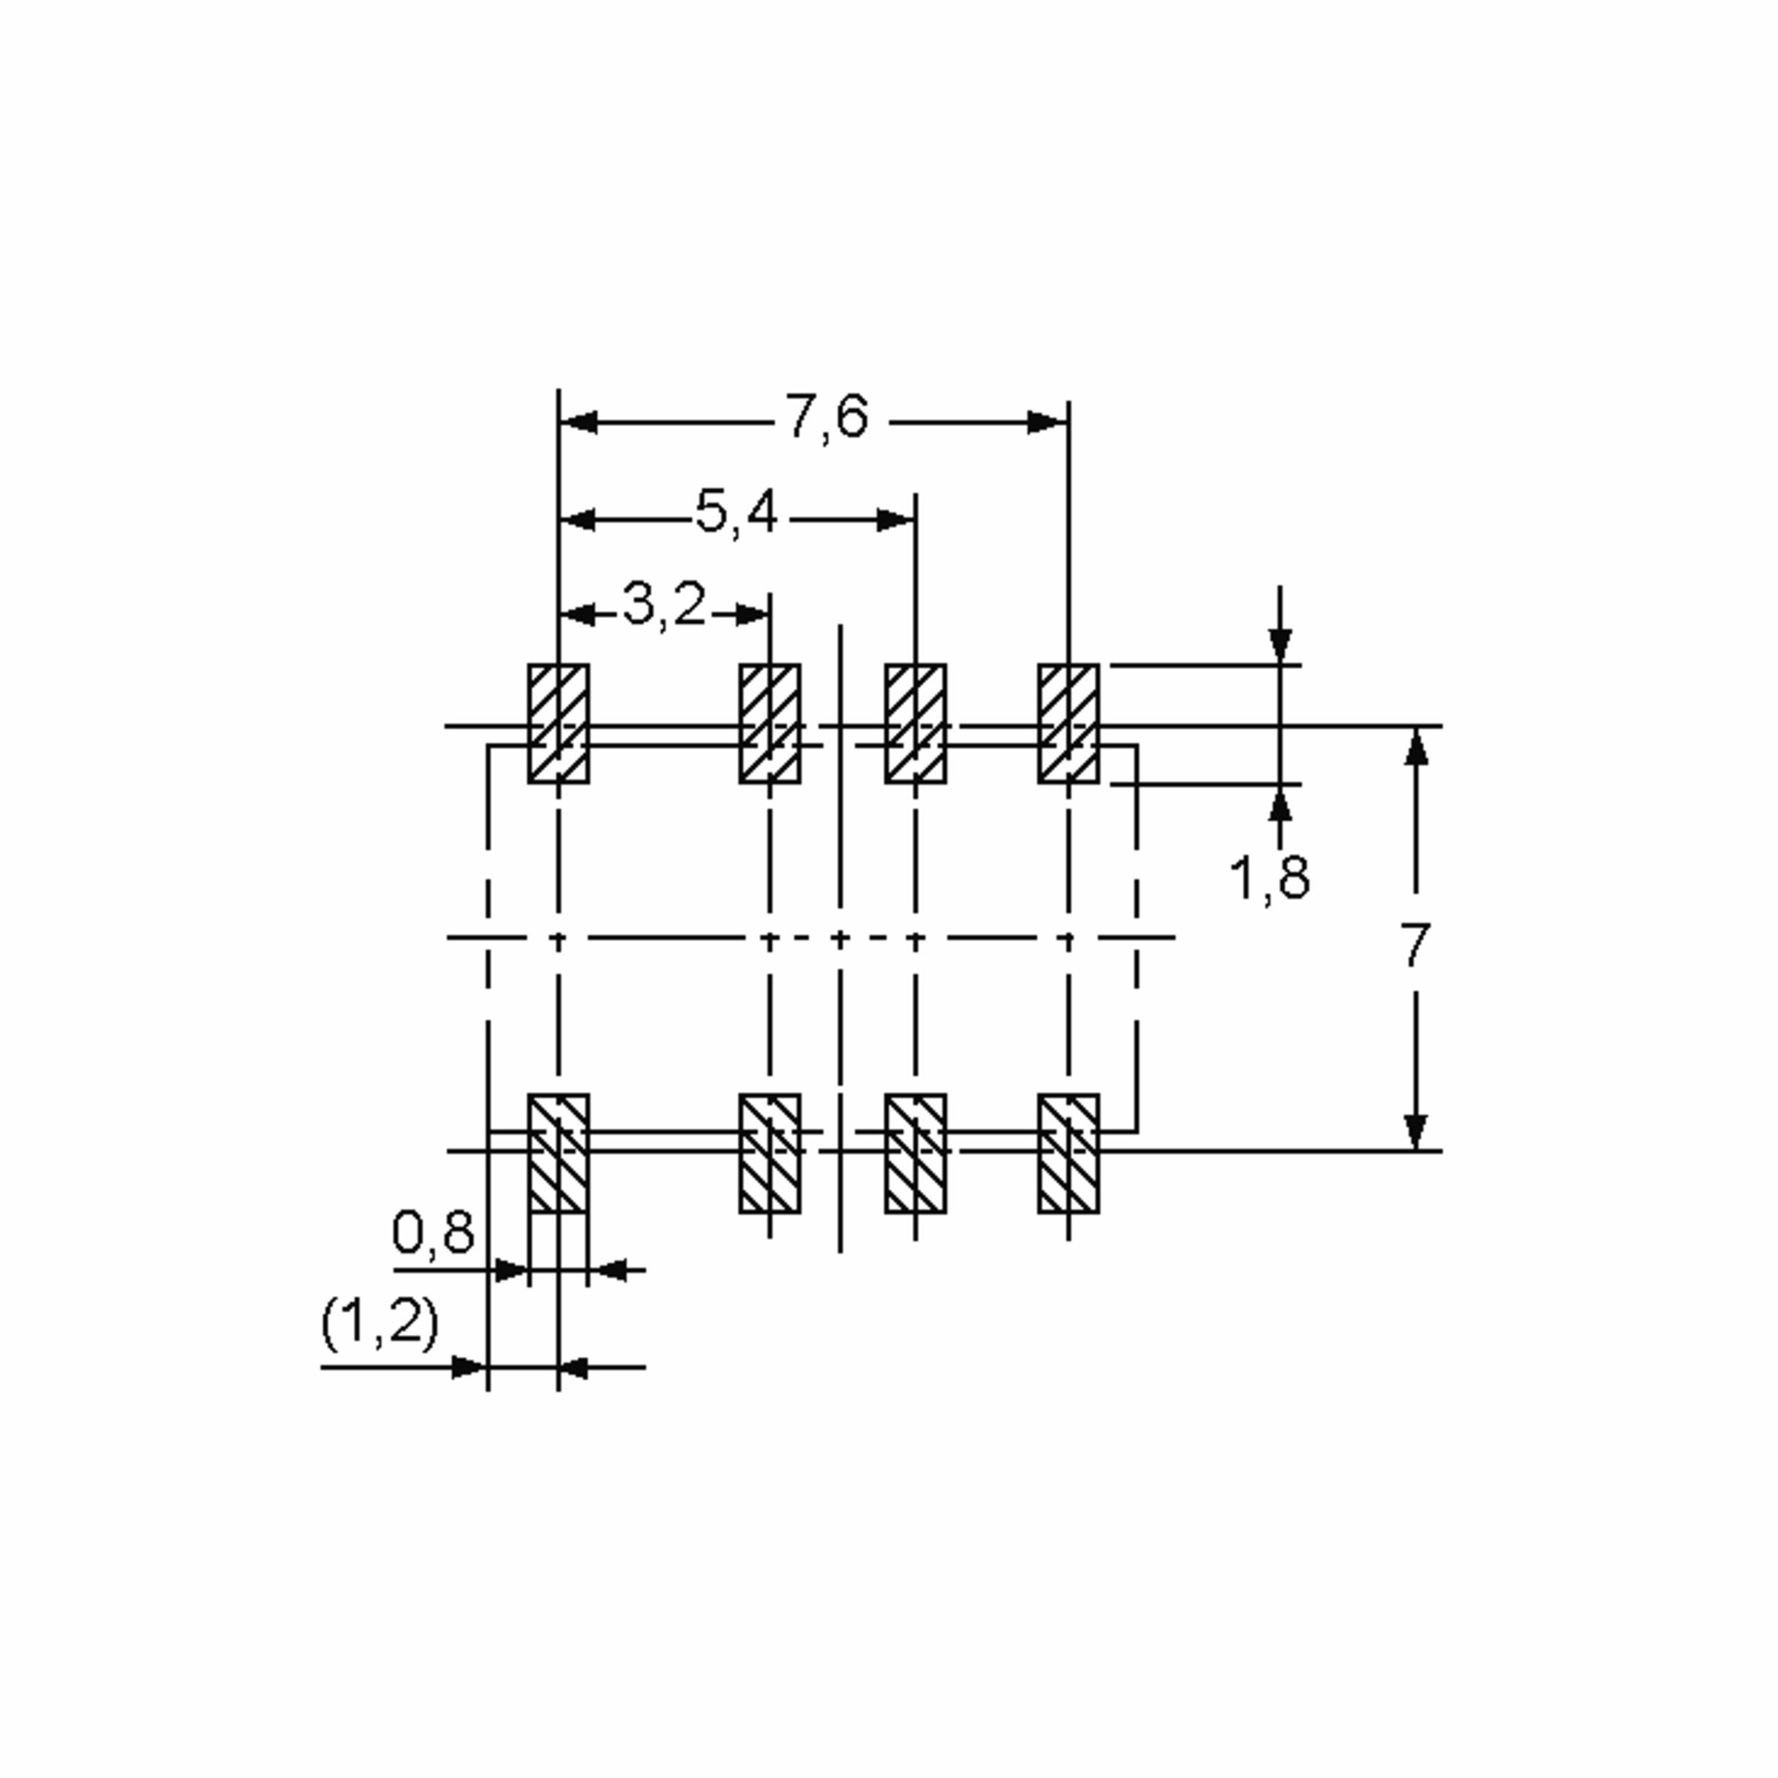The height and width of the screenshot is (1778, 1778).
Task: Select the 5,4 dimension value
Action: tap(736, 514)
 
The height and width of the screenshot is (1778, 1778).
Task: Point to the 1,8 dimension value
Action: tap(1269, 878)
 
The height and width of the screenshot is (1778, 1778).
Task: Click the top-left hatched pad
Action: tap(558, 723)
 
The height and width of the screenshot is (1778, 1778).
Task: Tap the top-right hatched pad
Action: tap(1068, 723)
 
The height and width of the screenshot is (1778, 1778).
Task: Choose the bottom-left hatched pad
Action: tap(558, 1153)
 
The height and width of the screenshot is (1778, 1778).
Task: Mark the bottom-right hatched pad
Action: tap(1068, 1153)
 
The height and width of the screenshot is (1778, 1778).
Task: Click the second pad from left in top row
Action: tap(770, 723)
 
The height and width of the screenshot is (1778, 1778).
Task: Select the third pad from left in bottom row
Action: tap(915, 1153)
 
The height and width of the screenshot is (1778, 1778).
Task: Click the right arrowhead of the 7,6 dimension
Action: tap(1048, 422)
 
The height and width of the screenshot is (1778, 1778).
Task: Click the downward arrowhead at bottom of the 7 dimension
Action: tap(1416, 1130)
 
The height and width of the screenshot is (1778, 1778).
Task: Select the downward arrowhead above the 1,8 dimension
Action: tap(1279, 645)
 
